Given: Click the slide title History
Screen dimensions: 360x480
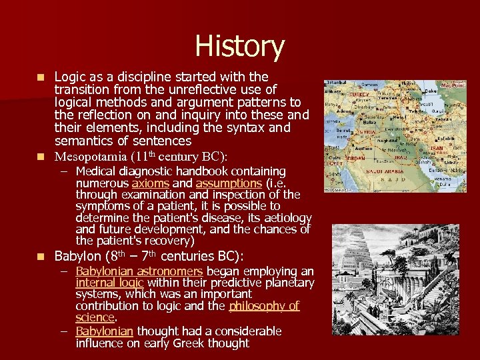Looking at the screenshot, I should click(x=239, y=47).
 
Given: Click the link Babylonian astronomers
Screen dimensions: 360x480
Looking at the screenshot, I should click(x=139, y=271).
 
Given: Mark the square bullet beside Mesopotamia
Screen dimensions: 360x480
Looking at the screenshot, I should click(x=41, y=157).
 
